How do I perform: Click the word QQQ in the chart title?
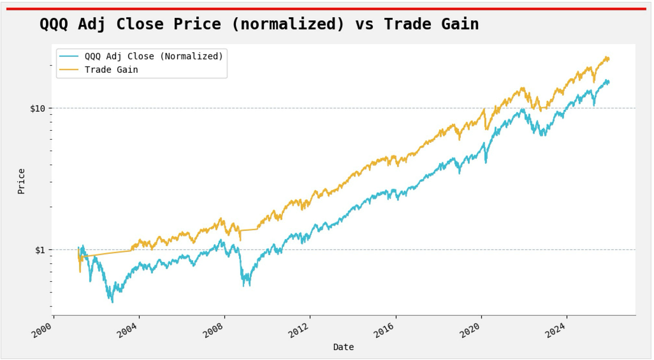coord(54,24)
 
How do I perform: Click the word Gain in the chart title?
coord(460,24)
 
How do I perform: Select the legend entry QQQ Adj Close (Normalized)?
coord(154,57)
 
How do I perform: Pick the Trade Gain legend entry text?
coord(111,70)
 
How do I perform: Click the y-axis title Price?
coord(21,181)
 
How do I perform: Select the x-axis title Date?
coord(343,347)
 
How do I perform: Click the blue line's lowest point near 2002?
coord(112,302)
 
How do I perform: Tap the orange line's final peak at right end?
coord(607,57)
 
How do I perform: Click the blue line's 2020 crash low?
coord(486,162)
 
